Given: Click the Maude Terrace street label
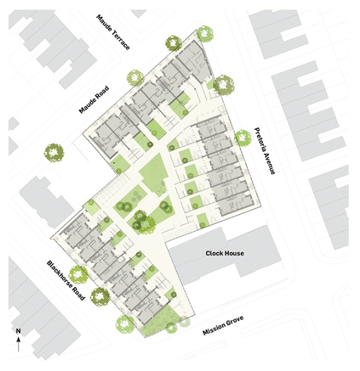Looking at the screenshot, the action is click(113, 32).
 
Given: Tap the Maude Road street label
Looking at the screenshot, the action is click(94, 99).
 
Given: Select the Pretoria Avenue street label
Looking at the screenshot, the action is click(265, 151).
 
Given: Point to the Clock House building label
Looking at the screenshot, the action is click(224, 253).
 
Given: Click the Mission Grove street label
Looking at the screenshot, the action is click(223, 326).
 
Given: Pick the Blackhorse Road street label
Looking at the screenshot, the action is click(65, 281).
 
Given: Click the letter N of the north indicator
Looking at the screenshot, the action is click(18, 331).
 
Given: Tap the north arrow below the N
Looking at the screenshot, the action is click(18, 344).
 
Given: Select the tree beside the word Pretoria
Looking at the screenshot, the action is click(243, 138).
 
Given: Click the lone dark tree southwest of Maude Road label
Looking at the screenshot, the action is click(54, 153).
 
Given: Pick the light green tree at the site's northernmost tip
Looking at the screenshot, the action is click(205, 34).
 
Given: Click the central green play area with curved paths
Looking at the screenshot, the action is click(154, 175).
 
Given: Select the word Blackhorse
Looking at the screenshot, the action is click(60, 274).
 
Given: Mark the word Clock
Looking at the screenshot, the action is click(214, 253).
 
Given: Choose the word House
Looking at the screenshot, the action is click(234, 253).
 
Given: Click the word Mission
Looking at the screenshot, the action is click(212, 329).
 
